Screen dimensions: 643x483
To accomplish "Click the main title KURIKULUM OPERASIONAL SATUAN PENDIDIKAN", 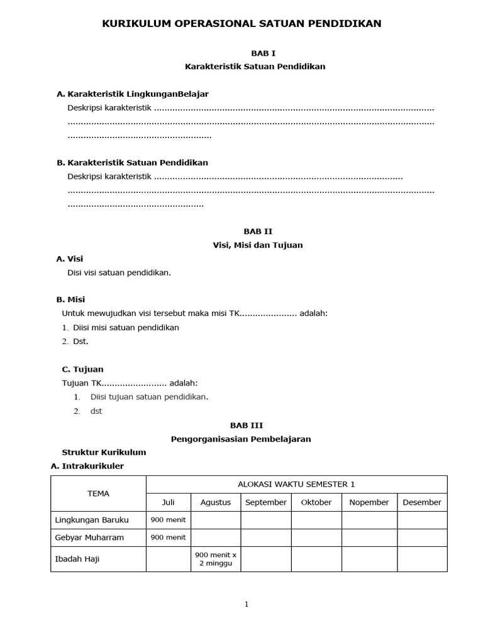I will tap(241, 24).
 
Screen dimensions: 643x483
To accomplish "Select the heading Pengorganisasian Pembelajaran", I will tap(241, 439).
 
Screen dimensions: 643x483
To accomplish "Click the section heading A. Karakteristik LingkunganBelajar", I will tap(133, 94).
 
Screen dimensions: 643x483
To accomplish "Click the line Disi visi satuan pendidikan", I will tap(119, 273).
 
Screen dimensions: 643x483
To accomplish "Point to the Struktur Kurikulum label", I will tap(104, 452).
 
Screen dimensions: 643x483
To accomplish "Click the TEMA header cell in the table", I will tap(98, 494).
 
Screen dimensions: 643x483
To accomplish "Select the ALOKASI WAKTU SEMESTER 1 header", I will tap(296, 484).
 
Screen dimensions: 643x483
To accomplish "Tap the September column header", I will tap(265, 502).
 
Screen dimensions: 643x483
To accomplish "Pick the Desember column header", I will tap(422, 502).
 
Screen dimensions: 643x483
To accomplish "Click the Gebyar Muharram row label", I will tap(89, 538).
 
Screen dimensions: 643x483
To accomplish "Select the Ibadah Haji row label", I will tap(77, 559).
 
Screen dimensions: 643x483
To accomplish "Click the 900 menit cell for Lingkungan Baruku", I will tap(168, 520).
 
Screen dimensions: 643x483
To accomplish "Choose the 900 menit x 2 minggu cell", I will tap(215, 559).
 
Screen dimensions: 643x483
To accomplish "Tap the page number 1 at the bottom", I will tap(247, 605).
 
